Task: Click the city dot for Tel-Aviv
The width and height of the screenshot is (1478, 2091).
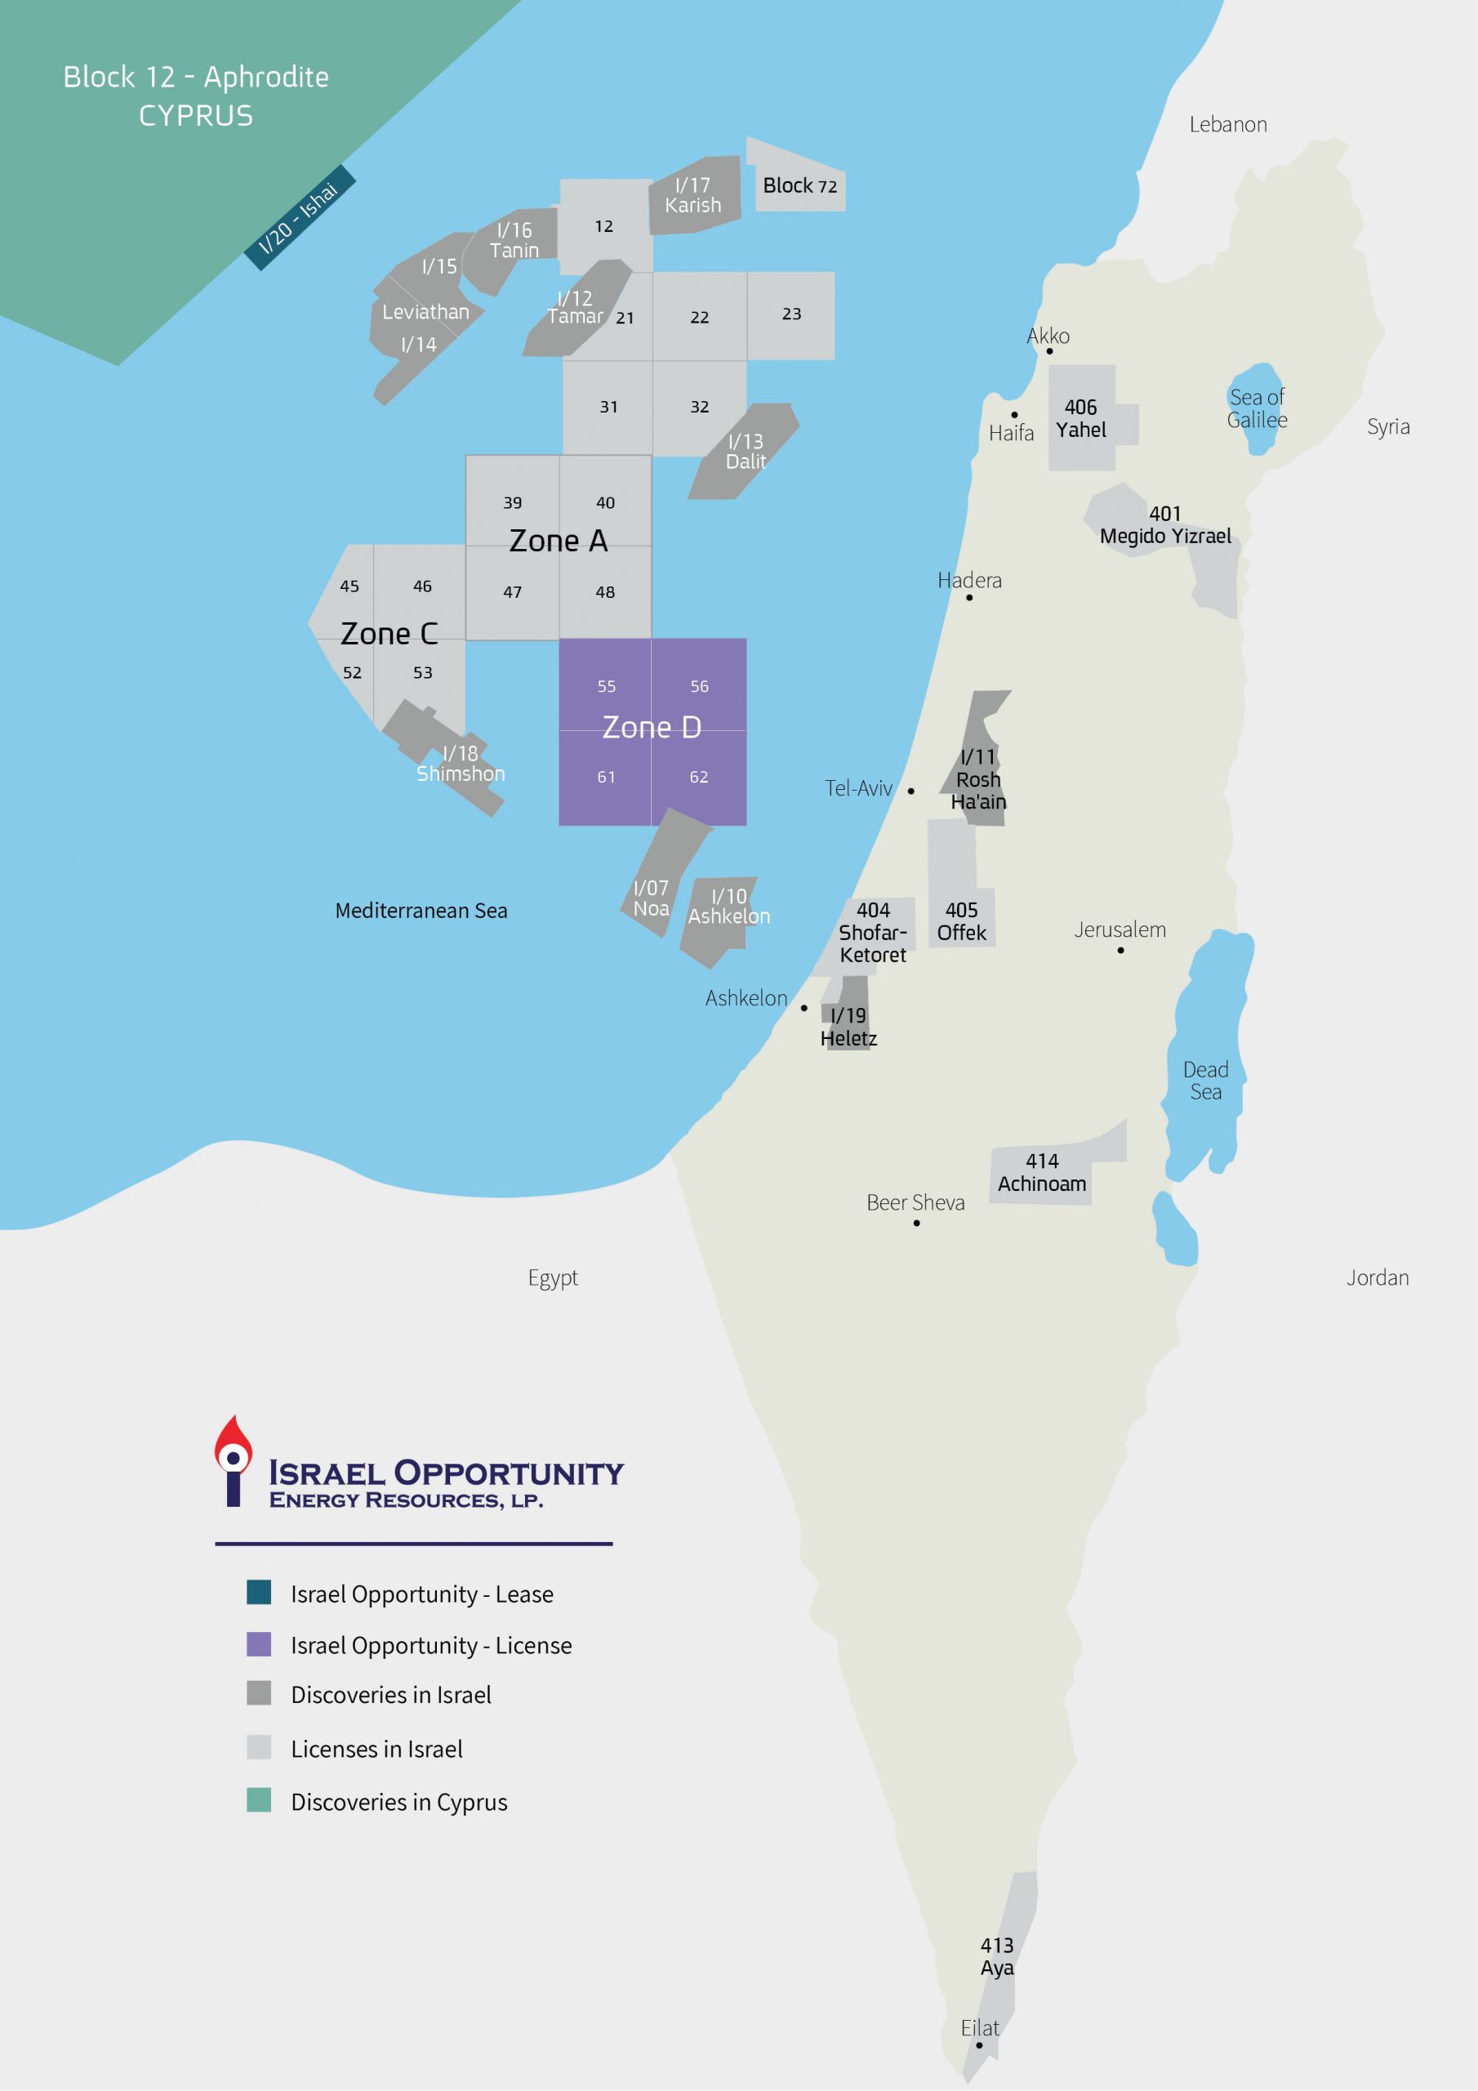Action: click(x=910, y=791)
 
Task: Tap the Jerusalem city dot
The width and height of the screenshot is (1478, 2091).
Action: click(x=1120, y=950)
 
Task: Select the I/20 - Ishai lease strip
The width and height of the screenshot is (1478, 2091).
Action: click(x=300, y=217)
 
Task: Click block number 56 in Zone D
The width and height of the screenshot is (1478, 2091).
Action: click(x=698, y=686)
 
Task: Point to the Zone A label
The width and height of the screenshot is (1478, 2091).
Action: click(x=558, y=541)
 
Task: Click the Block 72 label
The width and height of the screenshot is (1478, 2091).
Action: click(x=799, y=185)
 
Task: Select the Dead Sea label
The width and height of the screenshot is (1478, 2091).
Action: click(x=1206, y=1080)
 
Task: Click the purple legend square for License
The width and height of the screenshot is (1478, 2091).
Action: click(x=259, y=1644)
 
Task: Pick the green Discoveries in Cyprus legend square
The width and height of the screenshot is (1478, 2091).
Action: click(x=259, y=1799)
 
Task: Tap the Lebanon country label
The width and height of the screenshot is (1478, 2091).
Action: click(x=1227, y=125)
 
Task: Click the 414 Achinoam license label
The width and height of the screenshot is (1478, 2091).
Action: click(x=1042, y=1172)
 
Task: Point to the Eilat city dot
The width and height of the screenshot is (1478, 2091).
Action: click(x=979, y=2044)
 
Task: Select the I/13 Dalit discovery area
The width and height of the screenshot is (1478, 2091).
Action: click(x=744, y=451)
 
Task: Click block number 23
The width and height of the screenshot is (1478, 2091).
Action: click(x=791, y=314)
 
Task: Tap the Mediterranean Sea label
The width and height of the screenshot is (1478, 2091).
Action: click(x=421, y=911)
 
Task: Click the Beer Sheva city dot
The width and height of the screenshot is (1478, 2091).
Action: click(x=916, y=1223)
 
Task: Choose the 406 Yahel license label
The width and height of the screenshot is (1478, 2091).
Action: click(x=1081, y=418)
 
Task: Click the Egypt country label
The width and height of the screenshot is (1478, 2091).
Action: click(x=553, y=1277)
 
